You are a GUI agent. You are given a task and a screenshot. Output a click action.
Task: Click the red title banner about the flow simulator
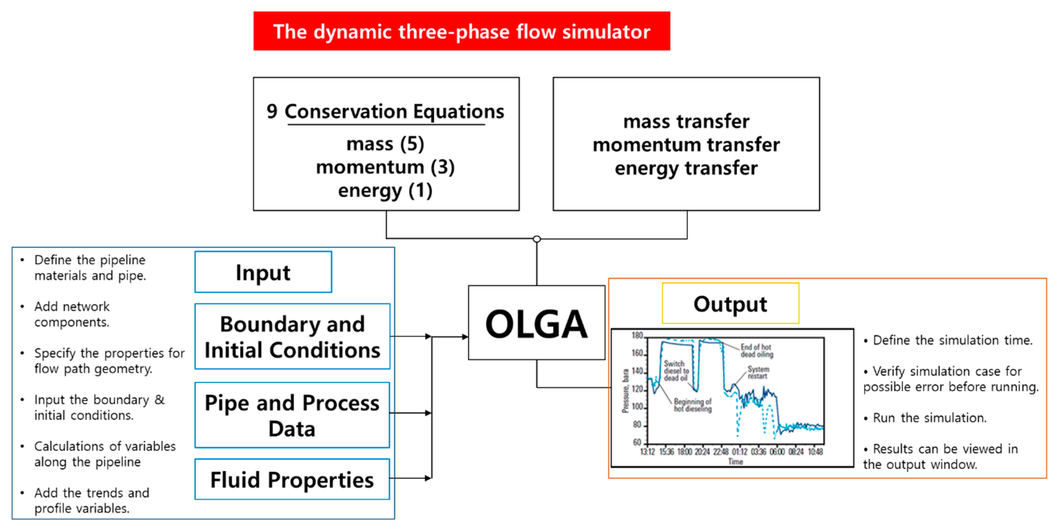[x=461, y=31]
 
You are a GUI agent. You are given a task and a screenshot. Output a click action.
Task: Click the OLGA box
[x=536, y=323]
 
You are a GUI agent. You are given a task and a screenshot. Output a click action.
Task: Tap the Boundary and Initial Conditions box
[x=292, y=336]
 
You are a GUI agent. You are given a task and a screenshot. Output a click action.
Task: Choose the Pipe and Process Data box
[x=292, y=415]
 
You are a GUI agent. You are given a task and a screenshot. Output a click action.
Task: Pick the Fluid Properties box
[x=292, y=479]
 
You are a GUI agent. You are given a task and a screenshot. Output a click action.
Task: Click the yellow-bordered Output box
[x=730, y=303]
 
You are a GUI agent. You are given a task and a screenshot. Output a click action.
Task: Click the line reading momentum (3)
[x=385, y=167]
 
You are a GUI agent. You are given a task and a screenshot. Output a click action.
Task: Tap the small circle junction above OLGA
[x=536, y=239]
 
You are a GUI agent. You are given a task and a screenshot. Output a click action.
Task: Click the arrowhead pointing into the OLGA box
[x=465, y=337]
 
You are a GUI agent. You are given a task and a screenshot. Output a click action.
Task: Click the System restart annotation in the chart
[x=758, y=372]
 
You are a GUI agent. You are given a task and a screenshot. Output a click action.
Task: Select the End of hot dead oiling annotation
[x=756, y=351]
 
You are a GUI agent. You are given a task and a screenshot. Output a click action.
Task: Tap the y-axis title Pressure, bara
[x=625, y=390]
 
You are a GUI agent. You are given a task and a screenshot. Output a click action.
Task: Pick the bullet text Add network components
[x=72, y=314]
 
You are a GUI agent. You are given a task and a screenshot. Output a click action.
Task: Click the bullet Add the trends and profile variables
[x=91, y=500]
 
